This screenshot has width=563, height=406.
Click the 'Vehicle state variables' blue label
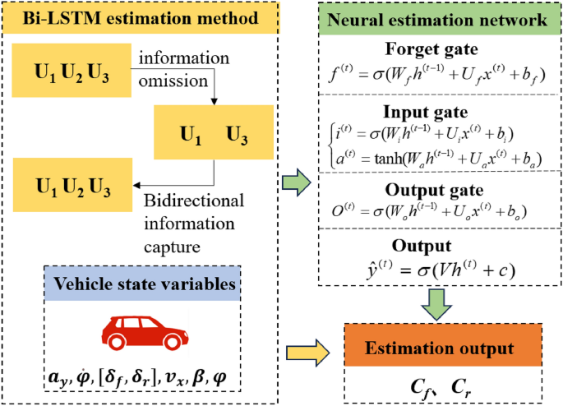tap(145, 284)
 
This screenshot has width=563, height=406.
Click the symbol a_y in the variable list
tap(58, 378)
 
